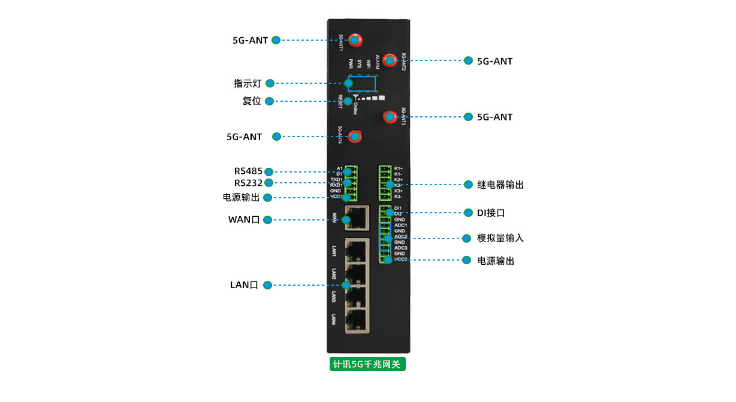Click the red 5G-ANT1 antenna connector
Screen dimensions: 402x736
tap(354, 40)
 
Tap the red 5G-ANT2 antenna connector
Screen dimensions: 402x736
tap(390, 60)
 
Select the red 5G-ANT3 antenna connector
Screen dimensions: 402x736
tap(390, 116)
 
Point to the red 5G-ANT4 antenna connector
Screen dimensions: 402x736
tap(355, 137)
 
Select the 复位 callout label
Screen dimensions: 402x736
tap(252, 101)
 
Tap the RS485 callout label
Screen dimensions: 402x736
tap(248, 171)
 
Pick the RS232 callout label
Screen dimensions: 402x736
tap(248, 183)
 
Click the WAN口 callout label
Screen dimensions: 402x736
tap(243, 220)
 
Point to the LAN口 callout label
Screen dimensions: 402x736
tap(244, 285)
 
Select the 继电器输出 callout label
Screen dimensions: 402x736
tap(500, 185)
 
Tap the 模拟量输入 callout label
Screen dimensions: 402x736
tap(500, 238)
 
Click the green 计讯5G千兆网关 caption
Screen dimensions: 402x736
tap(367, 364)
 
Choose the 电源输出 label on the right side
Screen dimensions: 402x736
tap(496, 261)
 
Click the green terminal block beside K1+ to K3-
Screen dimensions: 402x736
tap(384, 182)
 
